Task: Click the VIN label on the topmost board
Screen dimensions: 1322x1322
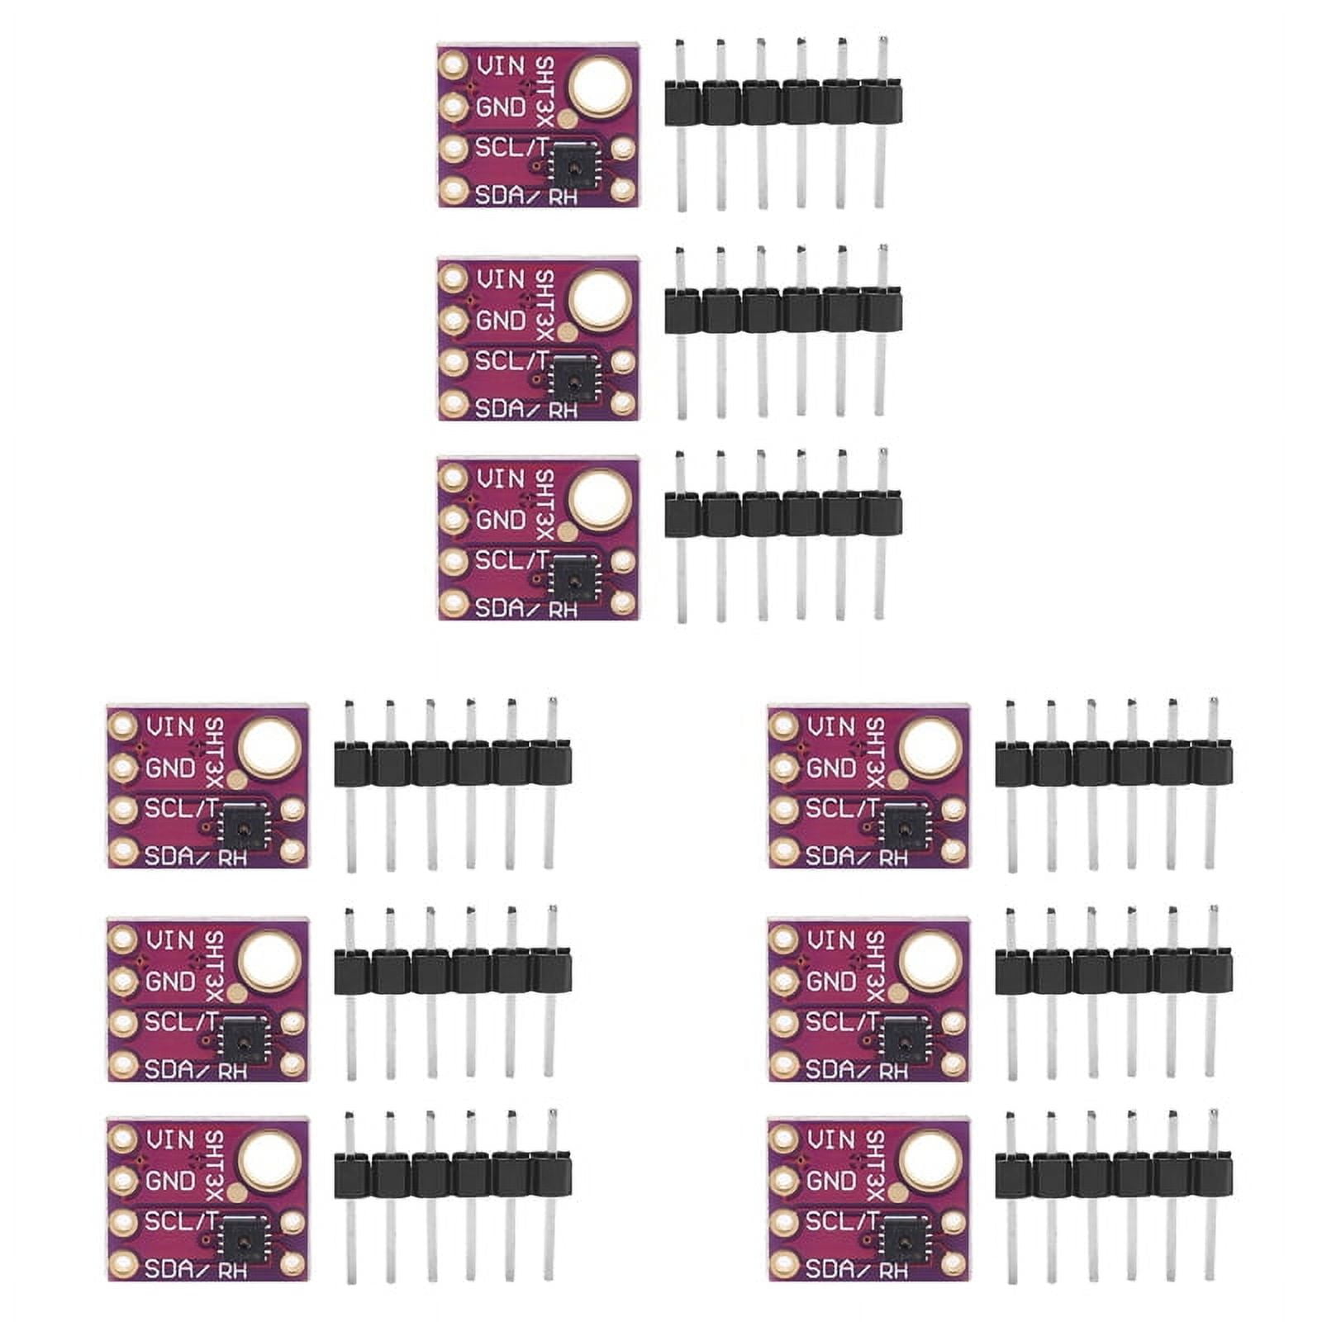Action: [x=501, y=65]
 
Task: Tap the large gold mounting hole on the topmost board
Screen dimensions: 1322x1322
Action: [x=601, y=85]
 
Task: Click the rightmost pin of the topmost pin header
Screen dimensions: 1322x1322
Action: [x=881, y=124]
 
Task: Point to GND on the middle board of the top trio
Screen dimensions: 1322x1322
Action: [x=501, y=321]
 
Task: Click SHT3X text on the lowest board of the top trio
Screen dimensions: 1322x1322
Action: [x=544, y=503]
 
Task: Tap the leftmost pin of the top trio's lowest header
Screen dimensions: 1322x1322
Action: [x=681, y=537]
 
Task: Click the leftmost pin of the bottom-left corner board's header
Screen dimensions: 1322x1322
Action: [x=350, y=1198]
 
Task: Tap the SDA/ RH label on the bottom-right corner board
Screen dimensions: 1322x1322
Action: [x=855, y=1270]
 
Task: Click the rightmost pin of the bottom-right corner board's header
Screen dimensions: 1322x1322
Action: [x=1211, y=1198]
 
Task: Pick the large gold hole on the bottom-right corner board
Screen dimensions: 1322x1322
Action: [x=931, y=1159]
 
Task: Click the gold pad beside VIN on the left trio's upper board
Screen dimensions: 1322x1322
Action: [x=123, y=725]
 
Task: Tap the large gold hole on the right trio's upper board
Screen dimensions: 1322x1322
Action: [x=931, y=746]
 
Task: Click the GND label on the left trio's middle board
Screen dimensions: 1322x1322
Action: [x=170, y=982]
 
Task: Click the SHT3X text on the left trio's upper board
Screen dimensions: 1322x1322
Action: [x=214, y=751]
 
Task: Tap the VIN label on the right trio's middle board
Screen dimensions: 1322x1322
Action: [x=831, y=940]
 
